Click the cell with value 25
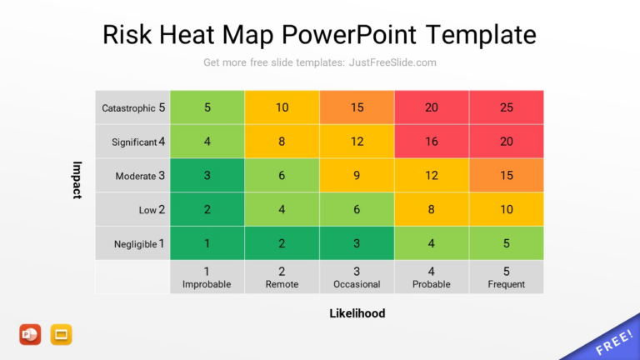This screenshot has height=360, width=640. (507, 107)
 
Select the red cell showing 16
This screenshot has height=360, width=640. (432, 142)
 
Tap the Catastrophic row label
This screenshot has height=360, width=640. (133, 107)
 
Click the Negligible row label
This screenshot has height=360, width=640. (139, 244)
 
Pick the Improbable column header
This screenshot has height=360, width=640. (207, 277)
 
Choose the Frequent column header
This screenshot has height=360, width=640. (507, 277)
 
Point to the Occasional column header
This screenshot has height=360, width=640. (357, 277)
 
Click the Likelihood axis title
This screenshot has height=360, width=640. (357, 313)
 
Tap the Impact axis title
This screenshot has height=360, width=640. (77, 179)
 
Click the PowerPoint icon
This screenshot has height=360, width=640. (30, 334)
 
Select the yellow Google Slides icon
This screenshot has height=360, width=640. (62, 334)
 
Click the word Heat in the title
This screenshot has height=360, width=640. (227, 35)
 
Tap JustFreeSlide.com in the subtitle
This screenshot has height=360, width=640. (392, 62)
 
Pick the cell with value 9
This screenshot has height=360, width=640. (357, 176)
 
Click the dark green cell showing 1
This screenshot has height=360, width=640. (207, 243)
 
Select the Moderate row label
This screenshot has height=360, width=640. (140, 176)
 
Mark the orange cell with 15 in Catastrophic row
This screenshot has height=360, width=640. (357, 107)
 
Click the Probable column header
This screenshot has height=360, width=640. (432, 277)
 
